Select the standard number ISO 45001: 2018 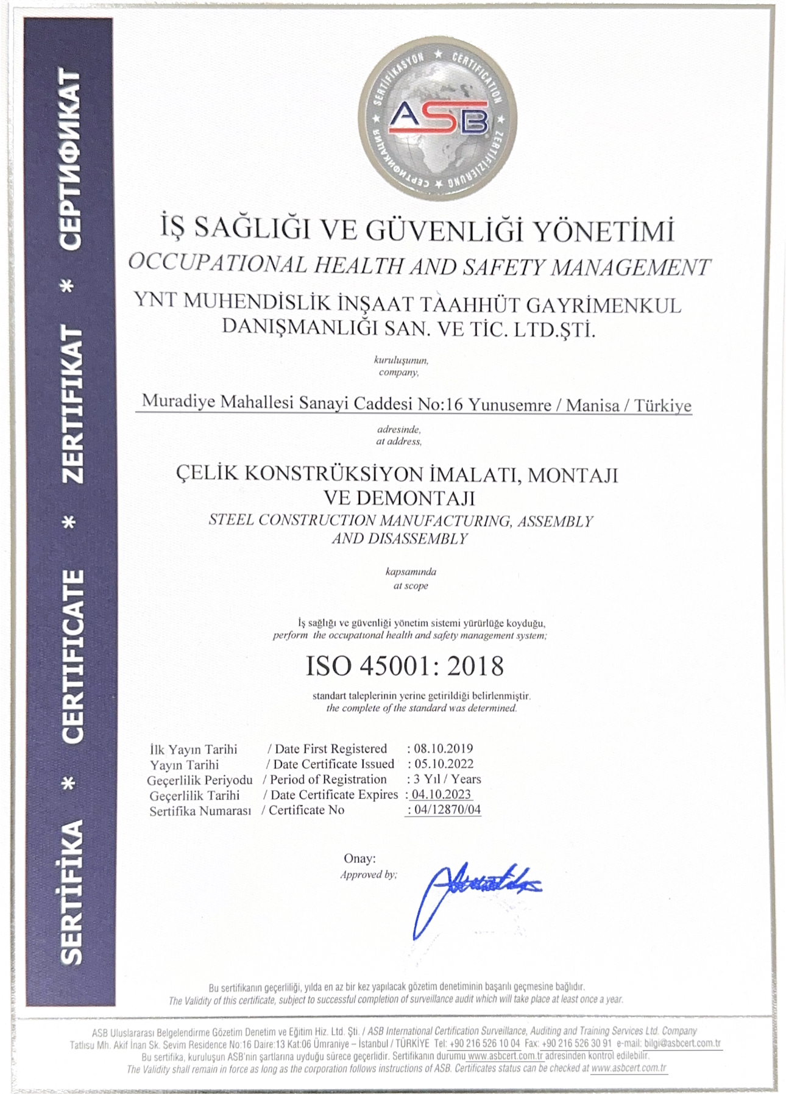405,666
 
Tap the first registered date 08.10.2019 444,748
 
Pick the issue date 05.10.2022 444,763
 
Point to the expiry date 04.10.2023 442,795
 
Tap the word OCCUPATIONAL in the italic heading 218,263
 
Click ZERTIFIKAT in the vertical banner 71,406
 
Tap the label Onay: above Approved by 359,858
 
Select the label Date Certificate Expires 334,795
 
